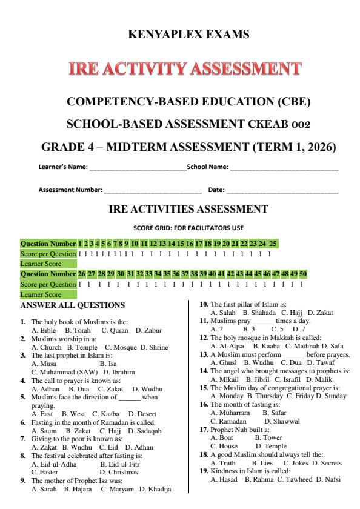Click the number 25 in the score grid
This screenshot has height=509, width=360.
[x=273, y=243]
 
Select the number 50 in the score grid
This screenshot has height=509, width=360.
[x=302, y=274]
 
